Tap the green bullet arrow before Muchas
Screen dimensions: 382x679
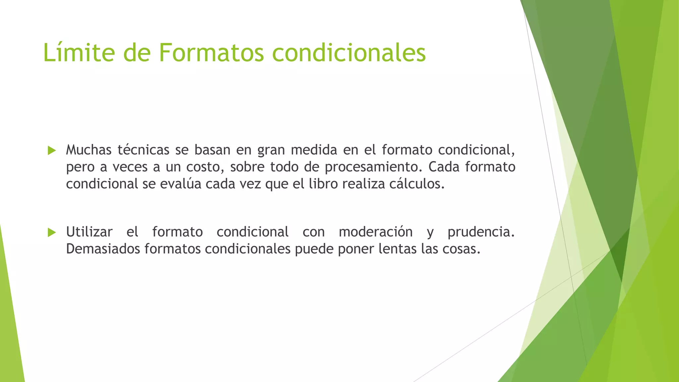(52, 151)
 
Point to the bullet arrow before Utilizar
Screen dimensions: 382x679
(52, 232)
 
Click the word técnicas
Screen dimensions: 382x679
(143, 150)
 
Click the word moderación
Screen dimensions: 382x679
(376, 232)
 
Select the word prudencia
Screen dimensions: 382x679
(481, 232)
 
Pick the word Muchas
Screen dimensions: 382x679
(89, 150)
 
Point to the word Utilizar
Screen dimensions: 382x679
(89, 232)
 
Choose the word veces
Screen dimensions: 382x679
(130, 167)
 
